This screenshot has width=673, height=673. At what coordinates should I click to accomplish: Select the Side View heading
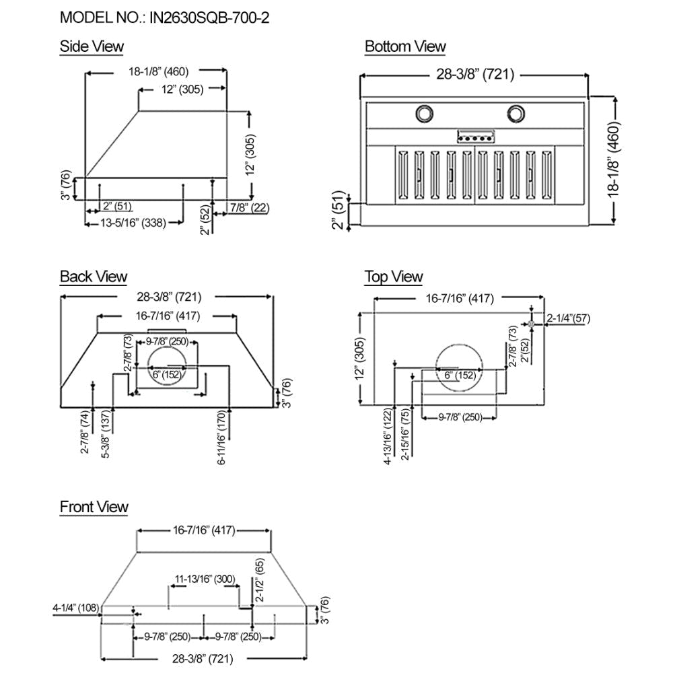click(92, 46)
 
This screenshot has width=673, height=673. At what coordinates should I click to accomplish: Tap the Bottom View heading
click(405, 46)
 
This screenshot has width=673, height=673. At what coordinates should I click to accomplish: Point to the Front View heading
click(94, 507)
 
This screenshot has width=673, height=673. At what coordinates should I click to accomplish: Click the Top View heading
click(394, 277)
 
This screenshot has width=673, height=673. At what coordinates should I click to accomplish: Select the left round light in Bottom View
click(425, 114)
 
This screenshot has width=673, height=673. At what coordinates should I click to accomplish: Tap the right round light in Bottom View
click(517, 114)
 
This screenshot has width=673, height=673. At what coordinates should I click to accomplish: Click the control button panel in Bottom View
click(476, 137)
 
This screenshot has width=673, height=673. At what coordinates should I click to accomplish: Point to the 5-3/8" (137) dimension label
click(105, 436)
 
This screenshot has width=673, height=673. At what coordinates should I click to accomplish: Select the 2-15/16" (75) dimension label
click(405, 434)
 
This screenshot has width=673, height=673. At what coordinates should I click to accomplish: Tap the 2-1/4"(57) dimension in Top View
click(569, 318)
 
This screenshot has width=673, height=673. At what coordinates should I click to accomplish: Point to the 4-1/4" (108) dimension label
click(75, 608)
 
